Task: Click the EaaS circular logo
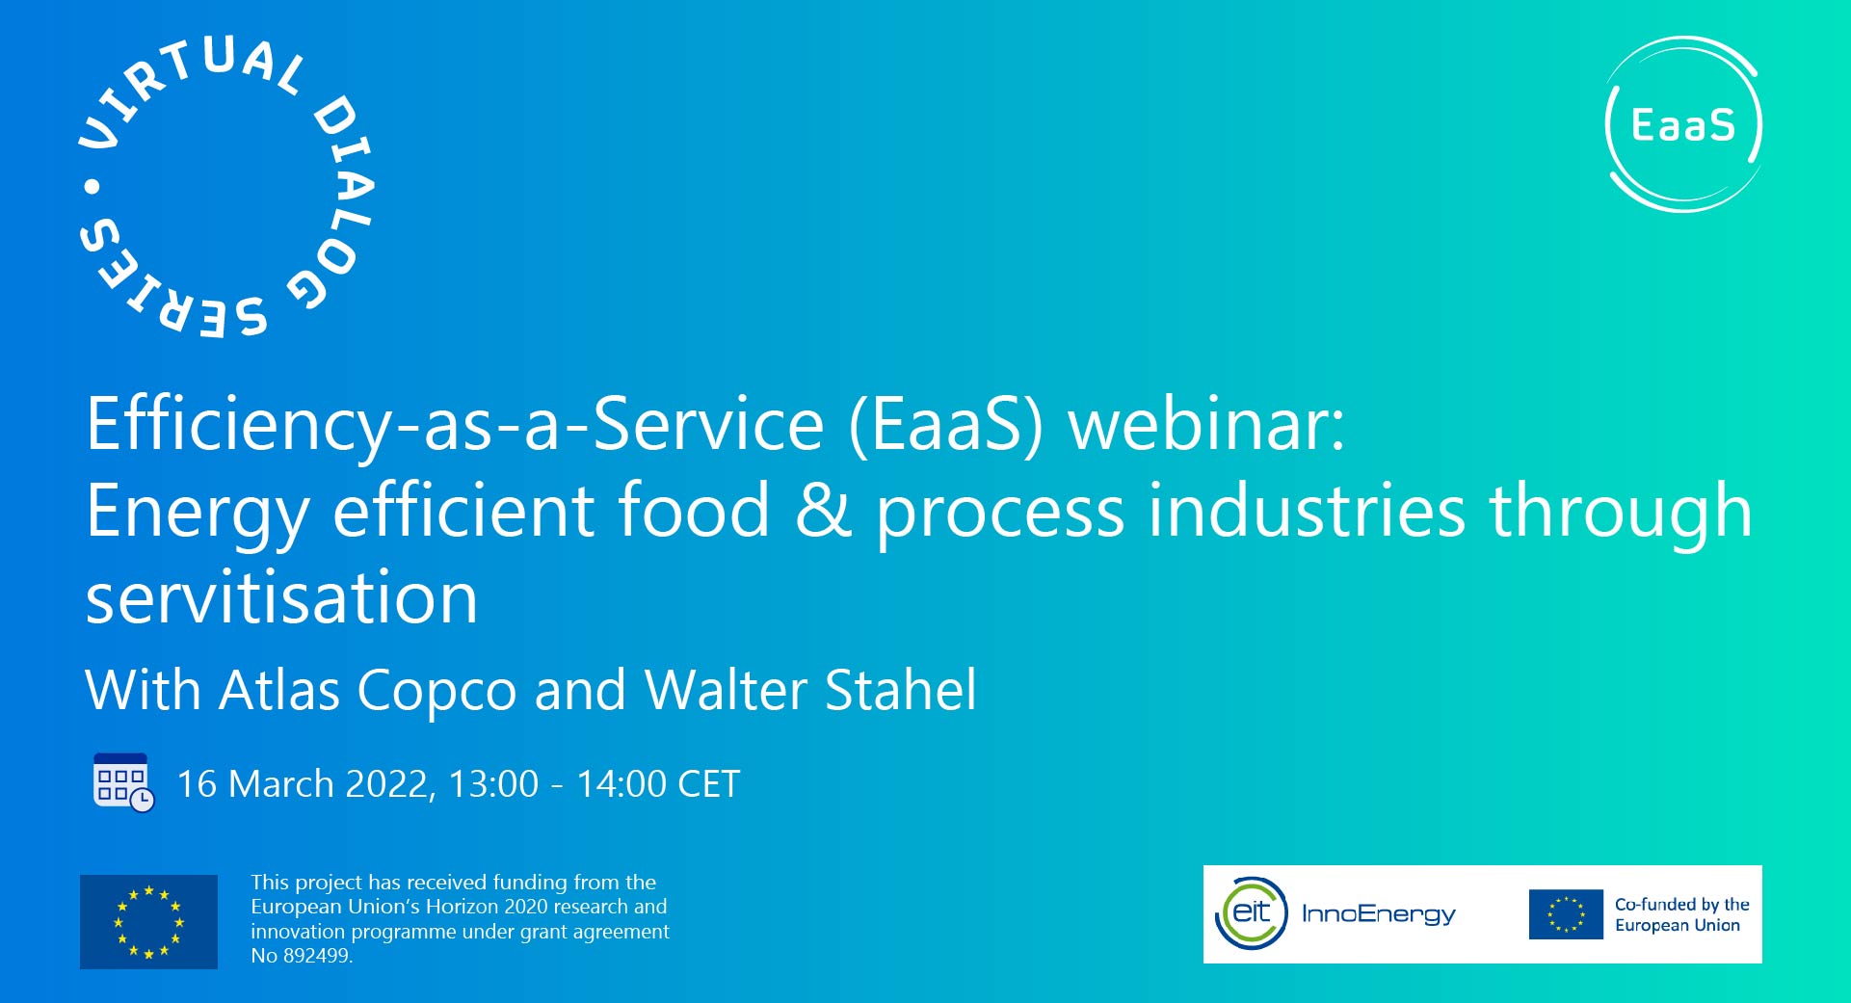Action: pyautogui.click(x=1683, y=124)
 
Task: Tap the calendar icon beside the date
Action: pyautogui.click(x=122, y=782)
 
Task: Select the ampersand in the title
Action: pyautogui.click(x=823, y=511)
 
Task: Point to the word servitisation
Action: pyautogui.click(x=281, y=597)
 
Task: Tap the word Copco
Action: pyautogui.click(x=436, y=690)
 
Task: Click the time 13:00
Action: pyautogui.click(x=493, y=784)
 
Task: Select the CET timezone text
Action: pyautogui.click(x=708, y=784)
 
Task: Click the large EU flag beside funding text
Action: pyautogui.click(x=148, y=921)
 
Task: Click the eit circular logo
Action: pyautogui.click(x=1252, y=912)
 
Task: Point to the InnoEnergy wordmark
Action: pyautogui.click(x=1378, y=913)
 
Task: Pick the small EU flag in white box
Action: pyautogui.click(x=1566, y=914)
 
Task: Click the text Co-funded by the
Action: pyautogui.click(x=1681, y=904)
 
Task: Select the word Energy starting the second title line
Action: pyautogui.click(x=198, y=511)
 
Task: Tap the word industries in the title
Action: pyautogui.click(x=1307, y=511)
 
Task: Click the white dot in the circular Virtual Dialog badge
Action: pyautogui.click(x=93, y=186)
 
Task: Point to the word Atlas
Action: pyautogui.click(x=279, y=690)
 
